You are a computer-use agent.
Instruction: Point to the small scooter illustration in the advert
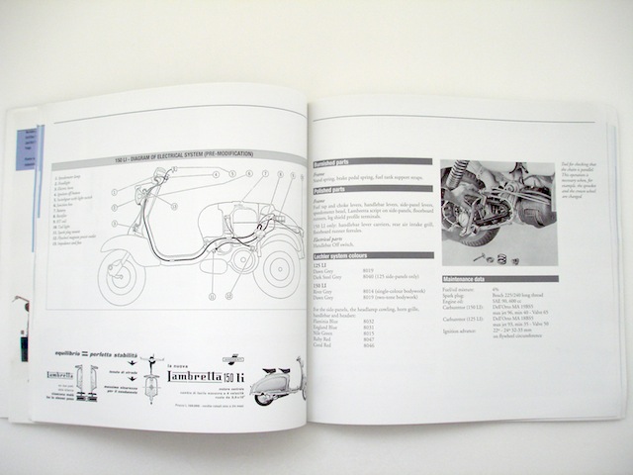point(278,382)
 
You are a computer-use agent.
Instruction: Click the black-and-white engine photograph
point(498,213)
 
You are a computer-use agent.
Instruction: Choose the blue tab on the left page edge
point(26,148)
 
